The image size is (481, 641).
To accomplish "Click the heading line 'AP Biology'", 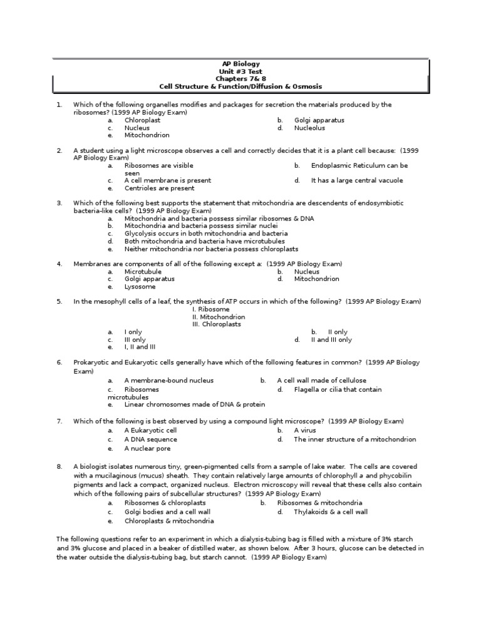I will click(241, 64).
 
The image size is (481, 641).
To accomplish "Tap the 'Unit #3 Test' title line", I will click(241, 71).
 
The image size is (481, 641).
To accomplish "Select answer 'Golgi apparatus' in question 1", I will click(319, 120).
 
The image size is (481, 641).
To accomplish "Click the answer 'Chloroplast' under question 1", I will click(143, 120).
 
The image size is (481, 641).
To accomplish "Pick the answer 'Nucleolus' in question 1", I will click(309, 128).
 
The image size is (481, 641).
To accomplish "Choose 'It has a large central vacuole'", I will click(357, 180).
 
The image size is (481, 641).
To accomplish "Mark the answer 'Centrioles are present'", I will click(159, 188).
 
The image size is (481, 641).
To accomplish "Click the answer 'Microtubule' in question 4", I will click(143, 272).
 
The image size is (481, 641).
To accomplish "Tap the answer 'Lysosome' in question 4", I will click(140, 287).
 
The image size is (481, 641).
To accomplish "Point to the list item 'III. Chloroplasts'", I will click(216, 324).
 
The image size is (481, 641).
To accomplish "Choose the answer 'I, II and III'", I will click(140, 347).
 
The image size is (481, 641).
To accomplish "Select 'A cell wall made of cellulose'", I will click(321, 380).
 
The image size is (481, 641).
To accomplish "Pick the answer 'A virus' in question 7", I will click(305, 431).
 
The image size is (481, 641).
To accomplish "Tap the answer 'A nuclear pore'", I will click(147, 448).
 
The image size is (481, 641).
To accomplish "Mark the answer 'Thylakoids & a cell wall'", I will click(331, 511).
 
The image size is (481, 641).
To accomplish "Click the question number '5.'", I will click(59, 302).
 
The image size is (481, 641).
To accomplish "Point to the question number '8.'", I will click(59, 466).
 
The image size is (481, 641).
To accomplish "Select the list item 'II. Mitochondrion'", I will click(219, 317).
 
